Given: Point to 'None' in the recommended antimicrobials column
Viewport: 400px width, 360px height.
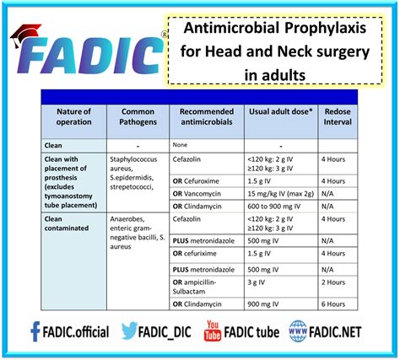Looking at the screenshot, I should tap(182, 144).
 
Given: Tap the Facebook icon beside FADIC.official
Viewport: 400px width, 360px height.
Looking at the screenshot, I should tap(35, 330).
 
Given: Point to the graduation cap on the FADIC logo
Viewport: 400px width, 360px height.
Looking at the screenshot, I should tap(28, 34).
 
